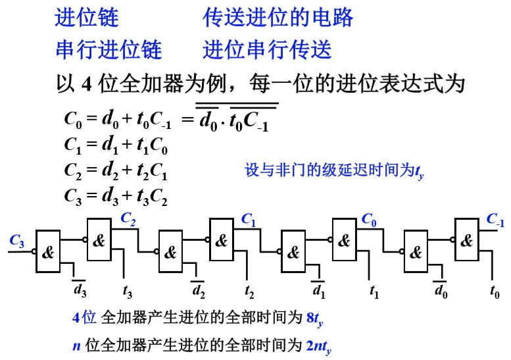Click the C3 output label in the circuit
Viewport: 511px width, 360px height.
pyautogui.click(x=17, y=241)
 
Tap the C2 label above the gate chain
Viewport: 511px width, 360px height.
pyautogui.click(x=128, y=219)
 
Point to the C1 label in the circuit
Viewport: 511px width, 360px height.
pyautogui.click(x=249, y=220)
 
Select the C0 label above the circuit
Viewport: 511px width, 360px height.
pyautogui.click(x=370, y=220)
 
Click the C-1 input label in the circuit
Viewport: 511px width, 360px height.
pyautogui.click(x=495, y=220)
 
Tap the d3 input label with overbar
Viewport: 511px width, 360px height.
pyautogui.click(x=79, y=290)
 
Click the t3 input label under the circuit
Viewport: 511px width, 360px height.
pyautogui.click(x=128, y=290)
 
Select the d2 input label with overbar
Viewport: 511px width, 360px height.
pyautogui.click(x=198, y=290)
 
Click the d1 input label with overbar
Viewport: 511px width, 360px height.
pyautogui.click(x=318, y=290)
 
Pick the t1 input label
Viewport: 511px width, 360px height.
pyautogui.click(x=373, y=290)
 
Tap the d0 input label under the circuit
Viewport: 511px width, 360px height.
pyautogui.click(x=441, y=290)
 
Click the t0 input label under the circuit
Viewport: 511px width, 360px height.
pyautogui.click(x=495, y=290)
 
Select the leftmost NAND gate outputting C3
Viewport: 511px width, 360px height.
pyautogui.click(x=49, y=252)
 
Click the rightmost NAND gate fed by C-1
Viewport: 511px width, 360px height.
pyautogui.click(x=466, y=240)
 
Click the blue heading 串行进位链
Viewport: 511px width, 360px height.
pyautogui.click(x=109, y=50)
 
